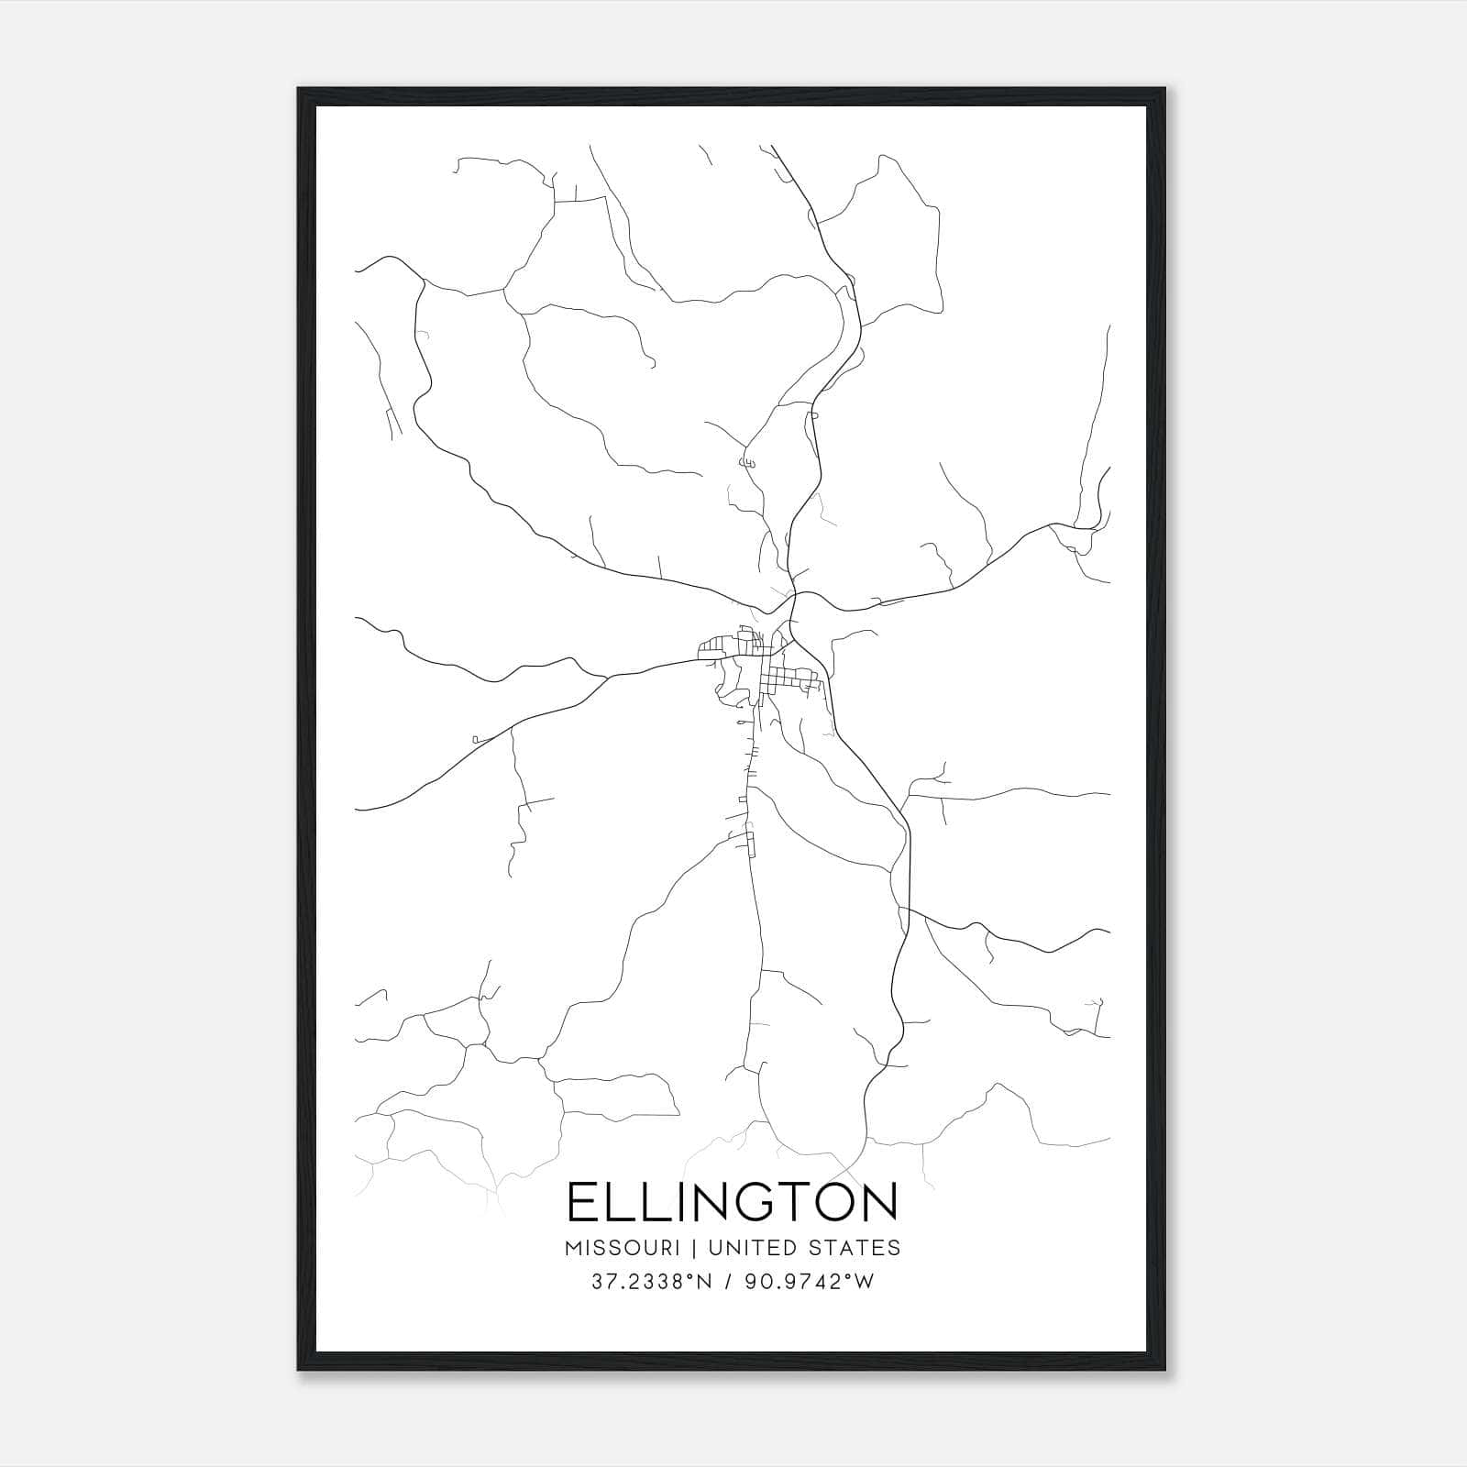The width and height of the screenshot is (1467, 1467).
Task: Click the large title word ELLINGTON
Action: click(x=733, y=1202)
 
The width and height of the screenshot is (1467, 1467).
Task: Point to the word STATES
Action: click(x=855, y=1248)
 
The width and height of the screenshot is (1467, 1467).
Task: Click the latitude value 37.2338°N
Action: click(x=650, y=1282)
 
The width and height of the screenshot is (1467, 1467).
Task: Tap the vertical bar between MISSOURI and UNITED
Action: click(x=700, y=1248)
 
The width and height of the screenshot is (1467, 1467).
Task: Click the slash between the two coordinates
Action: click(x=727, y=1282)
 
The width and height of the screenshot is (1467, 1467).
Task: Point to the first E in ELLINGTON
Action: click(x=582, y=1202)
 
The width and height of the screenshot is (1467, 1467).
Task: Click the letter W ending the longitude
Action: click(x=865, y=1282)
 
